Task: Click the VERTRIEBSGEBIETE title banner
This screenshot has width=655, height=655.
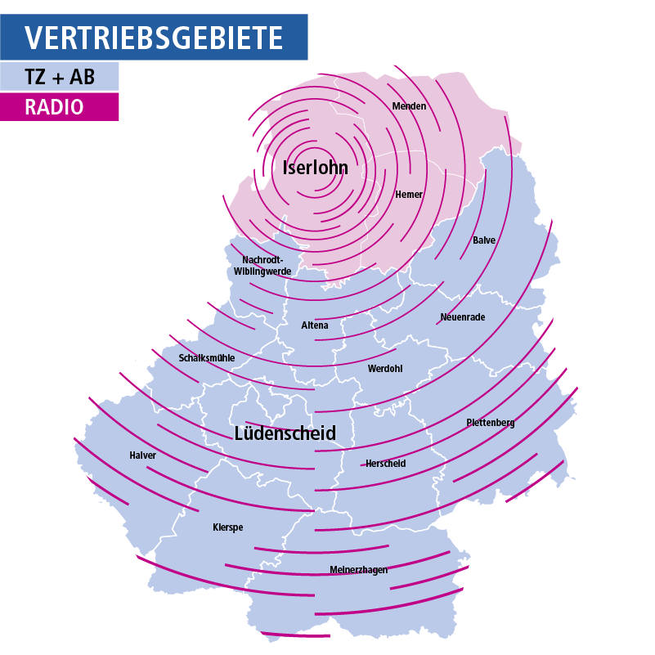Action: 154,38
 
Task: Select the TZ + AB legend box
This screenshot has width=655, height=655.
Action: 60,77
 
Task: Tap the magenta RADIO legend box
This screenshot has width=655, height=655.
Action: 60,107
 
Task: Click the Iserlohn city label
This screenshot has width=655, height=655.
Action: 315,168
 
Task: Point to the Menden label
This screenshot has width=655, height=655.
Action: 409,106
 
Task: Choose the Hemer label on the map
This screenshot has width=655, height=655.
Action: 409,195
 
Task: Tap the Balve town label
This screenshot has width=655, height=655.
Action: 484,240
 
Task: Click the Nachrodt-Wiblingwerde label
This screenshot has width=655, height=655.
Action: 262,266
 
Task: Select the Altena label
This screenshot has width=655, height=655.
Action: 315,325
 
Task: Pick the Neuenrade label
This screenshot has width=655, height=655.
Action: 463,317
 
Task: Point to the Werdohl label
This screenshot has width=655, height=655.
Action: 385,369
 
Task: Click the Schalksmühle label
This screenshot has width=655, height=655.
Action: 207,358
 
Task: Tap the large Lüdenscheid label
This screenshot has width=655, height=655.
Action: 285,433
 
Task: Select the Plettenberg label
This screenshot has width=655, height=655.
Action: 491,423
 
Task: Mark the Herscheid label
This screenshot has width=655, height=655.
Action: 385,464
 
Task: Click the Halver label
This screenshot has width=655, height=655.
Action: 142,455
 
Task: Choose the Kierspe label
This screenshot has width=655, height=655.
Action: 227,527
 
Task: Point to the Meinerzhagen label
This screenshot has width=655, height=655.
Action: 358,570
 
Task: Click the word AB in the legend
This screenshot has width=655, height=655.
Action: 83,77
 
